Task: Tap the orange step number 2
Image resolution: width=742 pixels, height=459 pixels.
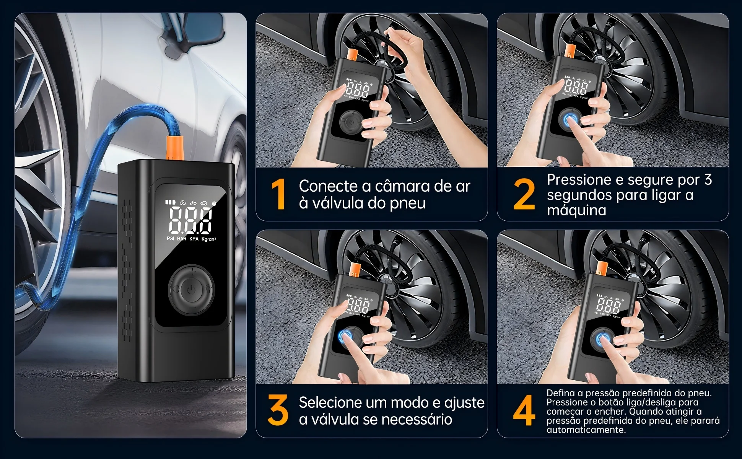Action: (x=524, y=195)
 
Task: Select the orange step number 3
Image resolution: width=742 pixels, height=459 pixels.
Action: (x=278, y=410)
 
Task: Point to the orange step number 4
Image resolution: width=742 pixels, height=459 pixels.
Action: (x=524, y=410)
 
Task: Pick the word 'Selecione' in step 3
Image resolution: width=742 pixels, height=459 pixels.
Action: (x=330, y=402)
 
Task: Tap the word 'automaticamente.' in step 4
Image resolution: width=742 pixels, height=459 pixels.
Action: (x=586, y=430)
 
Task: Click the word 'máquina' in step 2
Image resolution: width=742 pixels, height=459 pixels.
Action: (x=576, y=210)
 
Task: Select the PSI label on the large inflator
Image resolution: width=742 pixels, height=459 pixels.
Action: (x=171, y=239)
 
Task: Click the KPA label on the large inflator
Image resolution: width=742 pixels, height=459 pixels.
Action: (x=194, y=239)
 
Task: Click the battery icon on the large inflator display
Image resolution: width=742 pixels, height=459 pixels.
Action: (x=169, y=203)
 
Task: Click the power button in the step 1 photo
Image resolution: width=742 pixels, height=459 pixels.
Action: (x=347, y=122)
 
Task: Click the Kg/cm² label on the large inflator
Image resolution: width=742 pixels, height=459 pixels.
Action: (x=208, y=239)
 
